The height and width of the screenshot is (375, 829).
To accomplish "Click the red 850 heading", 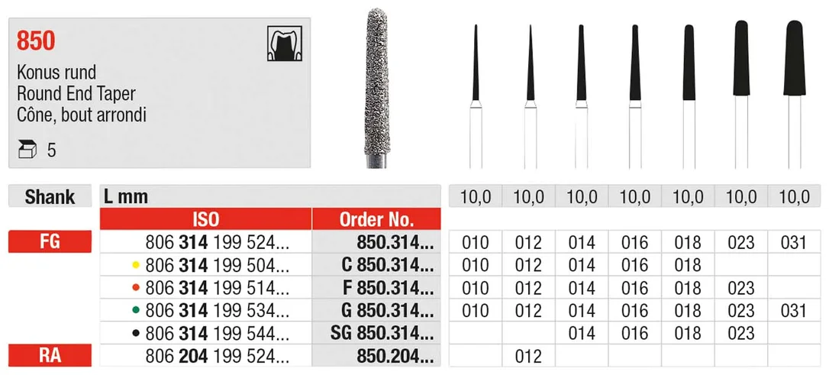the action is [x=36, y=40].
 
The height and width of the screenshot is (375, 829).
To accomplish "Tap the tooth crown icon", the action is [x=285, y=44].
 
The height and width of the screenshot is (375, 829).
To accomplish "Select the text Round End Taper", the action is [x=76, y=94].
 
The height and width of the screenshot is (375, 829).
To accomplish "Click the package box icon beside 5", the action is [x=27, y=150].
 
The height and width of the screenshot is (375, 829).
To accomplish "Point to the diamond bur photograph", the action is [x=377, y=88].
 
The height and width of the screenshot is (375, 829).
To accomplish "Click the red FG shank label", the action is [x=50, y=241].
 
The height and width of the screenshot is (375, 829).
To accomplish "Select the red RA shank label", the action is [x=50, y=355].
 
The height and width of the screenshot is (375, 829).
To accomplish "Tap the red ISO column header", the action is [x=206, y=219].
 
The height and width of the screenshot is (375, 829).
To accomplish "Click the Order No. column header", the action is [x=376, y=219].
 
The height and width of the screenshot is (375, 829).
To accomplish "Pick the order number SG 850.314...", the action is [x=381, y=333].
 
